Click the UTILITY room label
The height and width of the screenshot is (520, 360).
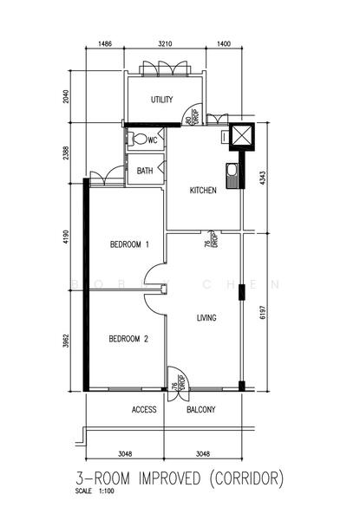tap(162, 100)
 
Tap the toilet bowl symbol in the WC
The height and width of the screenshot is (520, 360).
tap(141, 140)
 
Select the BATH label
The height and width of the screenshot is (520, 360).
tap(146, 171)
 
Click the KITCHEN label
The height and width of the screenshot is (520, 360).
tap(203, 192)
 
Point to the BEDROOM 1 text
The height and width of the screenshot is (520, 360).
tap(129, 245)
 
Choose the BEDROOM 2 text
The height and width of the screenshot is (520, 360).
tap(129, 339)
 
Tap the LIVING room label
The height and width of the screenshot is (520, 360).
tap(206, 318)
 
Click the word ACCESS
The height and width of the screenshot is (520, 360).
tap(144, 409)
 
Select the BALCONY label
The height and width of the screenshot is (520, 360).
tap(201, 409)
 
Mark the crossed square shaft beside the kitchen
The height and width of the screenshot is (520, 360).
tap(239, 138)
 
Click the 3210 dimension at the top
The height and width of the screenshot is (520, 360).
tap(165, 42)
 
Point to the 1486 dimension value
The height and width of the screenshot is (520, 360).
tap(106, 42)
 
